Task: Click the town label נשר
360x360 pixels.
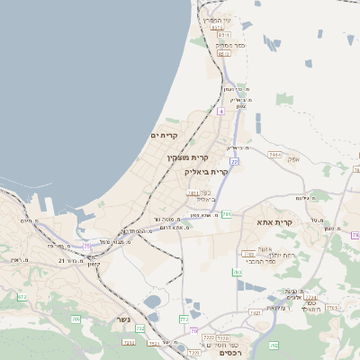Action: pyautogui.click(x=123, y=319)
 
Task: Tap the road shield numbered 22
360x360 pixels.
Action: pyautogui.click(x=234, y=161)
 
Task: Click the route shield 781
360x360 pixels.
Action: pyautogui.click(x=227, y=214)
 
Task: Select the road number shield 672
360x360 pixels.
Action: pyautogui.click(x=22, y=296)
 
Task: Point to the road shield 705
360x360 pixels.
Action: pyautogui.click(x=76, y=319)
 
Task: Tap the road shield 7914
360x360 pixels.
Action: pyautogui.click(x=274, y=154)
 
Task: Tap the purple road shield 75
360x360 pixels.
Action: pyautogui.click(x=87, y=245)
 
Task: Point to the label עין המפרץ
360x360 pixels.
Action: pyautogui.click(x=217, y=19)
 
